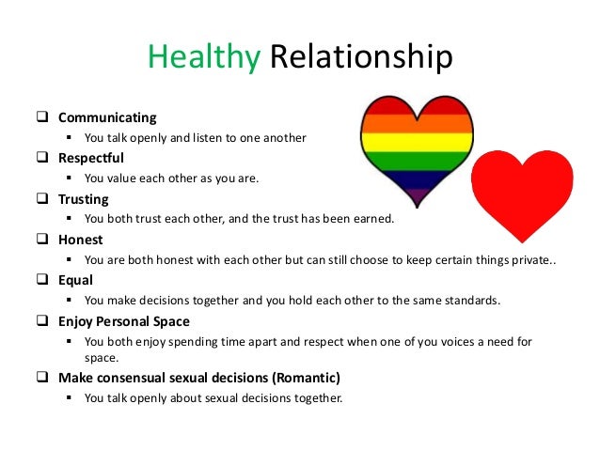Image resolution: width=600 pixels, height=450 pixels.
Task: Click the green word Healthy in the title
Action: pos(203,58)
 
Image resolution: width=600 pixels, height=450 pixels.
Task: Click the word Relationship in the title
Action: pos(361,58)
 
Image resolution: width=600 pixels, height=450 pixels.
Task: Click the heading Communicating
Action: pos(107,117)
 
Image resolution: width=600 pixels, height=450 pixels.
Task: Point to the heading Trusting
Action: pos(84,199)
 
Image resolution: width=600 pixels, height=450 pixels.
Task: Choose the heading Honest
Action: pos(81,240)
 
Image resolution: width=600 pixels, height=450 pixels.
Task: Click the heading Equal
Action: pos(77,280)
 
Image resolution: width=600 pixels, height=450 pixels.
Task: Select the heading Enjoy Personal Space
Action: pos(123,321)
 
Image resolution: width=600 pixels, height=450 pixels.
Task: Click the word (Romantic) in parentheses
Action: pos(304,378)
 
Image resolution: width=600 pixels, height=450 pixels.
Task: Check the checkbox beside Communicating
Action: pos(42,117)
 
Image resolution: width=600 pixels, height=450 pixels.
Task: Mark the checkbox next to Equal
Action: pos(42,280)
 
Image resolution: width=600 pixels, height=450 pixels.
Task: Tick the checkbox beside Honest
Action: pos(42,240)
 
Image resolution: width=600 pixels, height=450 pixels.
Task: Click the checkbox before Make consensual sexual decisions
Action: pos(42,378)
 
